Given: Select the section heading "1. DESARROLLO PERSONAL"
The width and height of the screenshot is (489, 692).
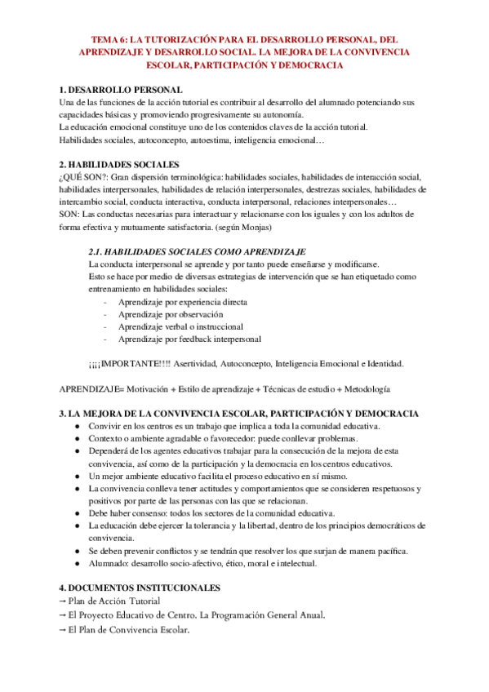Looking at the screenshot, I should [121, 90].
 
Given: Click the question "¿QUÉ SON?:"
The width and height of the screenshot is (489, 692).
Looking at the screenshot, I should [83, 175].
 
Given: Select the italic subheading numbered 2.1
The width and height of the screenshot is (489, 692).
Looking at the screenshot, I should [196, 252].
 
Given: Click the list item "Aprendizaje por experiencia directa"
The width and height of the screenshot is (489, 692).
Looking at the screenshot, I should [182, 302].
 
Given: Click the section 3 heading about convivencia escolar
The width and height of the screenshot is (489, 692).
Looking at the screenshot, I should [240, 414].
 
